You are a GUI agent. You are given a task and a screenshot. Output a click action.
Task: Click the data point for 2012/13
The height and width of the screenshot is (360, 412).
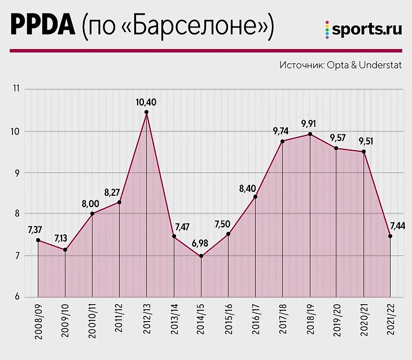pos(146,112)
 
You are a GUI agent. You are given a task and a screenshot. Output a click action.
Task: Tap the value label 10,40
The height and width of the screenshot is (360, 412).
pos(146,102)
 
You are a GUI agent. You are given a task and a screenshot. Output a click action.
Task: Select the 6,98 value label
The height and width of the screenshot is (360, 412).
pos(200,243)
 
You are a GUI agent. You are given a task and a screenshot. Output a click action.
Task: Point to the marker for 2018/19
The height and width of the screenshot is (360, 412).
pos(309,134)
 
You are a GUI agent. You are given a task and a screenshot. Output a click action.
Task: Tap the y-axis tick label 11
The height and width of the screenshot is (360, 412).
pos(16,89)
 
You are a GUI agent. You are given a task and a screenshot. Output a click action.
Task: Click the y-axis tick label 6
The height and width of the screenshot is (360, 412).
pos(17,297)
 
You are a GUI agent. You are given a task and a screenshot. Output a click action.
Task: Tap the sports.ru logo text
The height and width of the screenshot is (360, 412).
pos(367,30)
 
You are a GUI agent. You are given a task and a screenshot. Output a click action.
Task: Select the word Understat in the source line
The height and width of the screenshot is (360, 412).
pos(377,65)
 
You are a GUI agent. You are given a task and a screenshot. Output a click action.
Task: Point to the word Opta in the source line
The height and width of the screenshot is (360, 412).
pos(338,65)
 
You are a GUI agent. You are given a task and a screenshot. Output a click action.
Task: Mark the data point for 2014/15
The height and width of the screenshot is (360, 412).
pos(201,256)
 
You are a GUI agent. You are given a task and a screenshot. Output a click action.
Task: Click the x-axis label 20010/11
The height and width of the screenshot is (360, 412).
pos(92,319)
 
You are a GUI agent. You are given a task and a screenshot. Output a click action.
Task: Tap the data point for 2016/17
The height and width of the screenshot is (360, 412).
pos(255,197)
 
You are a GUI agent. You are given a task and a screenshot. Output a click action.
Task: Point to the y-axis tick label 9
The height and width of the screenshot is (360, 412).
pos(17,173)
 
